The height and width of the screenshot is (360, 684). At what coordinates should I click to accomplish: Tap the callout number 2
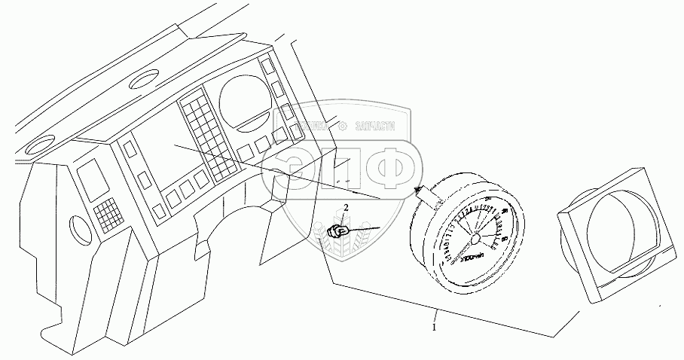pyautogui.click(x=346, y=207)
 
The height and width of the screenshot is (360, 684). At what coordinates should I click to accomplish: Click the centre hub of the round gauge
pyautogui.click(x=474, y=239)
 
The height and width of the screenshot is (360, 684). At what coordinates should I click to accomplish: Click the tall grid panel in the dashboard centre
pyautogui.click(x=203, y=136)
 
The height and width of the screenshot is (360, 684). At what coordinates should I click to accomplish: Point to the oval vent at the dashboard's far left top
pyautogui.click(x=35, y=146)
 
